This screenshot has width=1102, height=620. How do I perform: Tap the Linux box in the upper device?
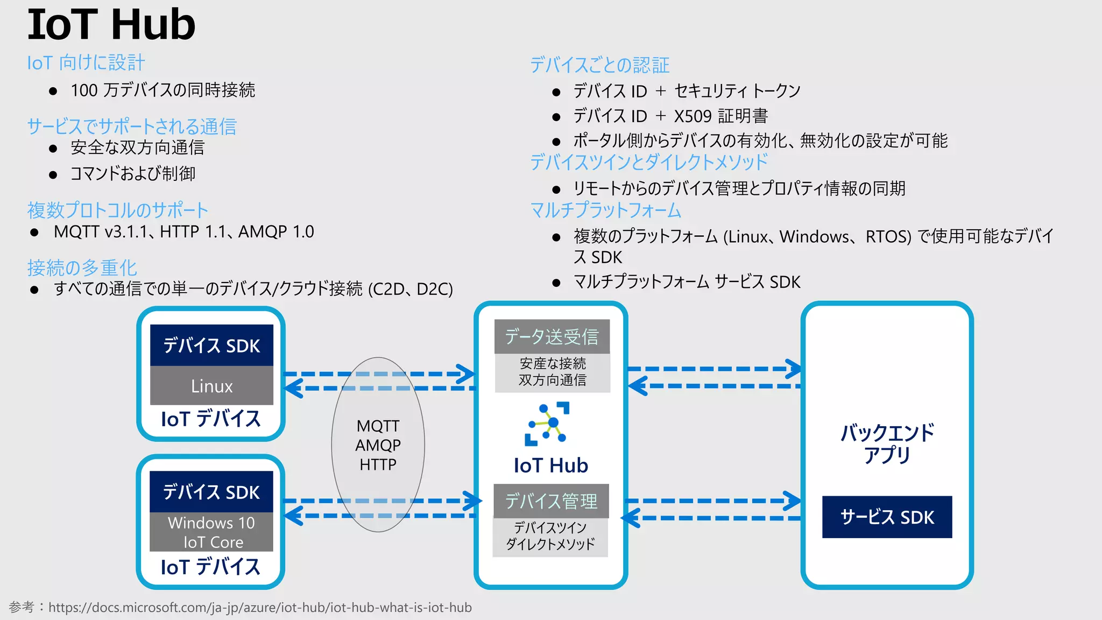pyautogui.click(x=211, y=386)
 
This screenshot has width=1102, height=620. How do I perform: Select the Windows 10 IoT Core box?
pyautogui.click(x=211, y=532)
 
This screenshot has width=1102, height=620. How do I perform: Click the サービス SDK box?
pyautogui.click(x=887, y=517)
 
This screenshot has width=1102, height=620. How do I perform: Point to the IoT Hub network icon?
pyautogui.click(x=547, y=424)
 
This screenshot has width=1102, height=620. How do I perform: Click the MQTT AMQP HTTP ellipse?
pyautogui.click(x=378, y=445)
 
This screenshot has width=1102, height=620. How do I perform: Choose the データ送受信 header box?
pyautogui.click(x=552, y=336)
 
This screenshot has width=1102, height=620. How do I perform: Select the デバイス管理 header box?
pyautogui.click(x=551, y=501)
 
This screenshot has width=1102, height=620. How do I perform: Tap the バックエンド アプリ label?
pyautogui.click(x=887, y=443)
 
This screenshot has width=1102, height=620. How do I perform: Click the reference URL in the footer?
pyautogui.click(x=260, y=608)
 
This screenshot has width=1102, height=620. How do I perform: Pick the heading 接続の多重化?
pyautogui.click(x=82, y=267)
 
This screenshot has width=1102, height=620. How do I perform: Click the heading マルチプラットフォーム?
pyautogui.click(x=605, y=210)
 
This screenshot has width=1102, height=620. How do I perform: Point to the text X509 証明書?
pyautogui.click(x=720, y=116)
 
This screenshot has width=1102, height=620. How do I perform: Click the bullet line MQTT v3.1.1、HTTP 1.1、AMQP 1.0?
pyautogui.click(x=183, y=232)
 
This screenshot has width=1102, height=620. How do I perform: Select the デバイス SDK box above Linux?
pyautogui.click(x=211, y=346)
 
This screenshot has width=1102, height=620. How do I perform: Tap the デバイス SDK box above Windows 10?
pyautogui.click(x=211, y=492)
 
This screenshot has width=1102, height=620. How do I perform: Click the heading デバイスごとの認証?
pyautogui.click(x=599, y=65)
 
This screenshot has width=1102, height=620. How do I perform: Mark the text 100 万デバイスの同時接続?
pyautogui.click(x=163, y=90)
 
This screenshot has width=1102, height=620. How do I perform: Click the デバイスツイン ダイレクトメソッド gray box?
pyautogui.click(x=550, y=536)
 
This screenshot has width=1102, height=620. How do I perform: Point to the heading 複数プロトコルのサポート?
pyautogui.click(x=117, y=210)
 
